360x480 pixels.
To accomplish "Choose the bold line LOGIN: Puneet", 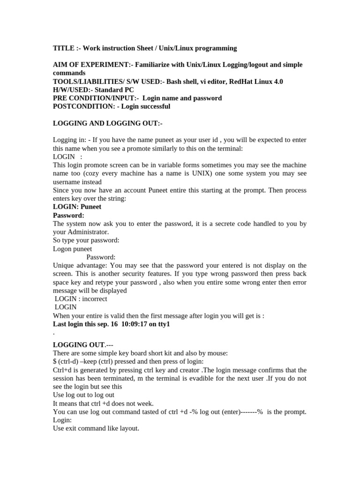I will [x=77, y=207].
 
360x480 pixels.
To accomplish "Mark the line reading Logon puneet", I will [x=72, y=248].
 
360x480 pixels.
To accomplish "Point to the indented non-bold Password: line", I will [x=101, y=257].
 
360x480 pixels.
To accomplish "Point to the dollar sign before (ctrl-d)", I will [x=55, y=361].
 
